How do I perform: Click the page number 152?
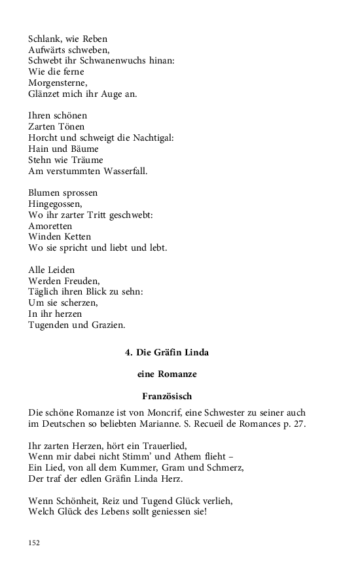[x=35, y=543]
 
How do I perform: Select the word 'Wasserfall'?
[x=123, y=171]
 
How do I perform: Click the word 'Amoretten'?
[x=51, y=226]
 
